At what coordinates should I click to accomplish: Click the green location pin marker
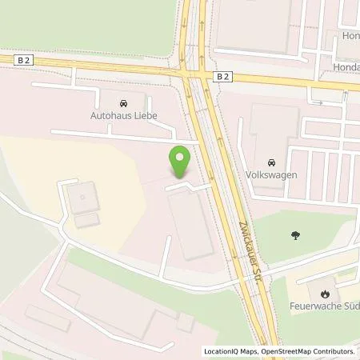[181, 161]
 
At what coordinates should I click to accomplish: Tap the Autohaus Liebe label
[123, 115]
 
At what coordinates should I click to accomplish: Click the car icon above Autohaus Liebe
[123, 103]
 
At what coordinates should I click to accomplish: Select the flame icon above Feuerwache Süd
[325, 293]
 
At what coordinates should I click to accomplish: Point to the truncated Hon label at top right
[350, 36]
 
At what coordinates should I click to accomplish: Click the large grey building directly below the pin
[190, 224]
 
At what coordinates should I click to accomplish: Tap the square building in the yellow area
[82, 198]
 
